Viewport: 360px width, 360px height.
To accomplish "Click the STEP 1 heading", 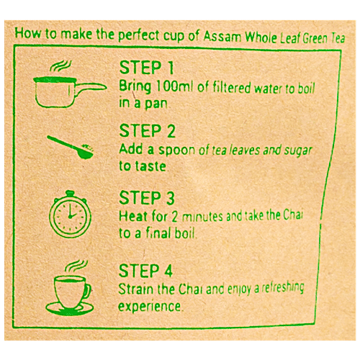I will click(x=147, y=69).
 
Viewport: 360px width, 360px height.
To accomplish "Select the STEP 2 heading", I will click(x=148, y=132).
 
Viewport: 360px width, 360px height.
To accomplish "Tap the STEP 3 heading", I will click(x=148, y=197).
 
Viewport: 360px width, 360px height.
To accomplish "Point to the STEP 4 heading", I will click(x=148, y=271).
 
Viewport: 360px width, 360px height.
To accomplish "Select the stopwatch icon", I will click(x=70, y=210).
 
